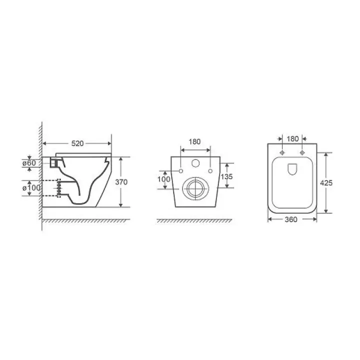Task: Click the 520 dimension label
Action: [x=77, y=143]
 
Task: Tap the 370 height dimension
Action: [x=121, y=182]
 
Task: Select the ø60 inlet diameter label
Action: [x=29, y=163]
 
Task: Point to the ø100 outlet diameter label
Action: [x=31, y=188]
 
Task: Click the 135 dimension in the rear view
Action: [x=226, y=176]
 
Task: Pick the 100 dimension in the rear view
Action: [x=163, y=179]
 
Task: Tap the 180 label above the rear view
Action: [x=194, y=141]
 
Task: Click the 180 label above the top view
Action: [x=292, y=139]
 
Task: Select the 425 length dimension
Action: [x=326, y=183]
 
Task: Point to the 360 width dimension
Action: [x=291, y=219]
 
